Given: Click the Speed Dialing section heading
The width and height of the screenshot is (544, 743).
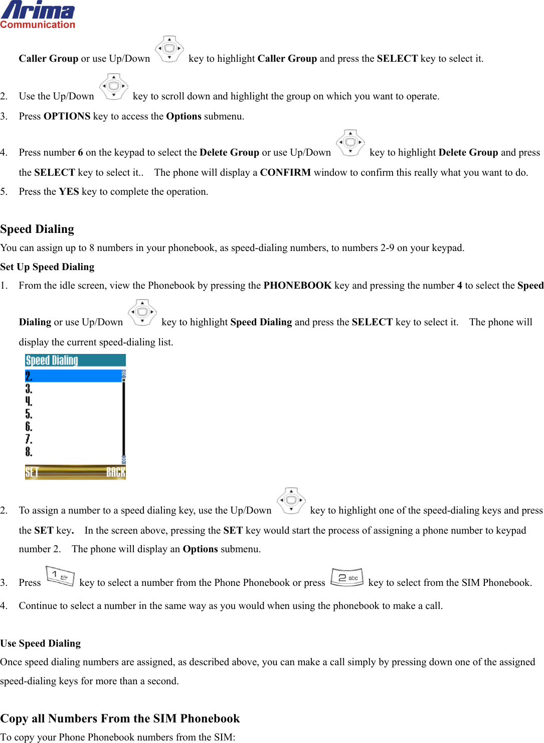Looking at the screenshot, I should (x=37, y=229).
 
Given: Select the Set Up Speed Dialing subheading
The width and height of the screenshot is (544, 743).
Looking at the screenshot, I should (x=47, y=267).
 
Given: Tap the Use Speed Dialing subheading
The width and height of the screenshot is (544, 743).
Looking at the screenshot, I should (x=41, y=643).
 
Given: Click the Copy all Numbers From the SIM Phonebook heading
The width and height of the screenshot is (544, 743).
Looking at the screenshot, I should (x=120, y=718).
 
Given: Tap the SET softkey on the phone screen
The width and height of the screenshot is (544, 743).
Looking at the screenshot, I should (x=32, y=472).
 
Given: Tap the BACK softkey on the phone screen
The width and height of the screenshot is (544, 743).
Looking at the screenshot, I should (x=115, y=472).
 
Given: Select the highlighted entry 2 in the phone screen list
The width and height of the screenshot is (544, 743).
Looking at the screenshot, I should (x=73, y=376).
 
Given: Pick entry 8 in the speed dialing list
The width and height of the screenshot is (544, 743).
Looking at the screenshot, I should (x=29, y=452).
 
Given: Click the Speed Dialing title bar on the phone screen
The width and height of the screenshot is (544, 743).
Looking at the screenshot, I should (x=75, y=360).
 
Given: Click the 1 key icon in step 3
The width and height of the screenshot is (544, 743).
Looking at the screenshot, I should (x=60, y=576).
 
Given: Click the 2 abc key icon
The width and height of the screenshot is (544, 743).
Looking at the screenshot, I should (x=347, y=577).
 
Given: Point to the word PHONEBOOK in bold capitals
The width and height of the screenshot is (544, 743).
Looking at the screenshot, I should (x=297, y=286).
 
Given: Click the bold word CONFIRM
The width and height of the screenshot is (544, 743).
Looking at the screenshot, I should (x=285, y=173).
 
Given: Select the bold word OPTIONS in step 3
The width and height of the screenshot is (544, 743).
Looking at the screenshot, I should (x=67, y=116).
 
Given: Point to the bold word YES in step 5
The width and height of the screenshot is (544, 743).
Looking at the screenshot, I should (x=69, y=192).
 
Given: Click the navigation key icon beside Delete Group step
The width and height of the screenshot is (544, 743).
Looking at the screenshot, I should (x=350, y=143).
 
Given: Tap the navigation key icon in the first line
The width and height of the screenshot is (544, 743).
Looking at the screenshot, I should (x=169, y=49).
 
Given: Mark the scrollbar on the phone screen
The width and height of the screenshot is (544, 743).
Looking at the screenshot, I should (x=123, y=417).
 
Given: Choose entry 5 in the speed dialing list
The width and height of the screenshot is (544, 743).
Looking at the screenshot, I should (x=29, y=414).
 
